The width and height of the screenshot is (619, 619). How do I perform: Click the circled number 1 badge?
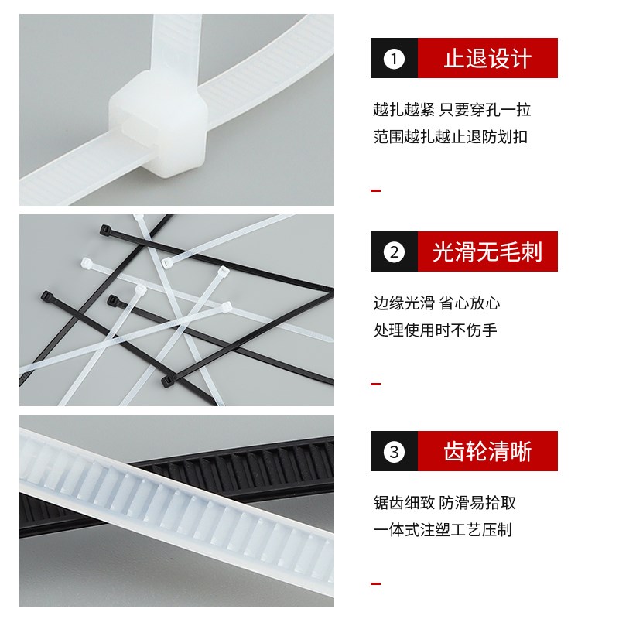[x=395, y=59]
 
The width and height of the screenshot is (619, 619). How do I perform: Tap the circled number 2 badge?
[x=395, y=251]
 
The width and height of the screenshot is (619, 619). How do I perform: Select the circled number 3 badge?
[x=395, y=452]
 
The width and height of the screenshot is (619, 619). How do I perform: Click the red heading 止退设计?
[x=487, y=59]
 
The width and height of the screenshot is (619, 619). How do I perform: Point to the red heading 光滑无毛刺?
[x=487, y=251]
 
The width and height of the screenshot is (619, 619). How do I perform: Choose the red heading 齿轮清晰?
[x=487, y=452]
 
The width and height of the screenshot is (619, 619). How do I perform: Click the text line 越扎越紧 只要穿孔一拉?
[x=452, y=110]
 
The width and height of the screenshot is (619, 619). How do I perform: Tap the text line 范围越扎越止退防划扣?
[x=450, y=137]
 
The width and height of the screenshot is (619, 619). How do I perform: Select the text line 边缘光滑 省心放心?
[x=436, y=303]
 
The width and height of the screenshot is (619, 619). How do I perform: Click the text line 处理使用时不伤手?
[x=435, y=330]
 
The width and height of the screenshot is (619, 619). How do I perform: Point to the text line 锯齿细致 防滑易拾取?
[x=444, y=503]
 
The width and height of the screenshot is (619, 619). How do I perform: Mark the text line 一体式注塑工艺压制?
[x=443, y=530]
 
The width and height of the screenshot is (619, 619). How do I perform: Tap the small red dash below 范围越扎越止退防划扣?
[x=376, y=190]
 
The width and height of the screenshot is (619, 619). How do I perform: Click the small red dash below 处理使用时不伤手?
[x=376, y=384]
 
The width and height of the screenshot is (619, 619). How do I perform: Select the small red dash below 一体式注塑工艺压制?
[x=376, y=583]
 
